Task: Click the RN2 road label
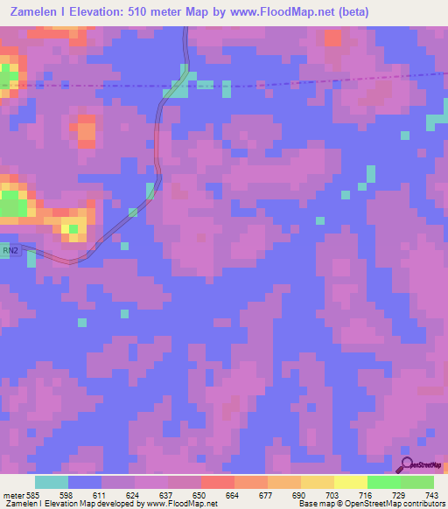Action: point(10,251)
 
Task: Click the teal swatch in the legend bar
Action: point(52,482)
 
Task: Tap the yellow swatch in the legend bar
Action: point(350,482)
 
